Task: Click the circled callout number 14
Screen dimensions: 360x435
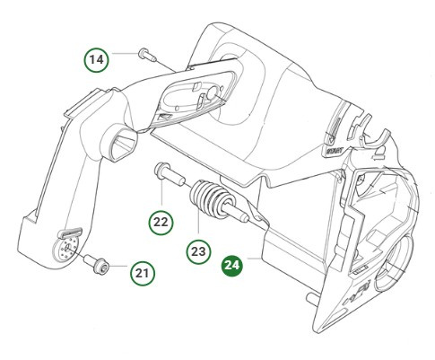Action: coord(97,59)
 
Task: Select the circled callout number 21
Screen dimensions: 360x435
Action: coord(142,270)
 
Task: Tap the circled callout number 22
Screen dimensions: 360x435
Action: coord(159,220)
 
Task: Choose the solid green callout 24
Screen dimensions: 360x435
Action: coord(232,265)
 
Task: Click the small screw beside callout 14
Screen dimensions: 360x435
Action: coord(147,56)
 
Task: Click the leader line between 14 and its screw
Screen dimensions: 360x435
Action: coord(123,58)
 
